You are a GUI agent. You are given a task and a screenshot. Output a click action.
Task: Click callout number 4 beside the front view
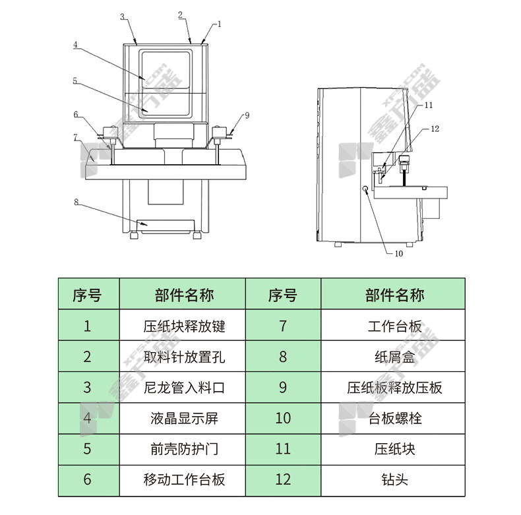click(x=75, y=45)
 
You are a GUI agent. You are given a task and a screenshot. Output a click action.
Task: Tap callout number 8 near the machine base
click(x=76, y=202)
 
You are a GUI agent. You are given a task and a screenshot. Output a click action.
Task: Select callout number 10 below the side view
click(x=399, y=253)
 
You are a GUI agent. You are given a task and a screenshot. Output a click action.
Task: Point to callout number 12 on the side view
click(x=435, y=129)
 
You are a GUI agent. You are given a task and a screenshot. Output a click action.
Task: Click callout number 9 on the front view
click(x=247, y=115)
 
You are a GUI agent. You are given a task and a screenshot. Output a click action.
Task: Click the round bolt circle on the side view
click(x=365, y=189)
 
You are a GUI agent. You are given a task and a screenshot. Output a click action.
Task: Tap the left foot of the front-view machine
click(x=134, y=235)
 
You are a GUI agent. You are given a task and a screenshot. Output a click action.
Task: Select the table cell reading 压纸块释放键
click(x=184, y=326)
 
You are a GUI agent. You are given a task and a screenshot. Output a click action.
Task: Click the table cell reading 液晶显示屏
click(x=184, y=418)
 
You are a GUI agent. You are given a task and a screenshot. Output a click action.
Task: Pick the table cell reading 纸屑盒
click(x=394, y=357)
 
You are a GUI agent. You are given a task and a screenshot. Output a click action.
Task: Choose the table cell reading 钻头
click(x=394, y=479)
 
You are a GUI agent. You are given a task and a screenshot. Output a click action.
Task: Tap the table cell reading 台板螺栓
click(x=394, y=418)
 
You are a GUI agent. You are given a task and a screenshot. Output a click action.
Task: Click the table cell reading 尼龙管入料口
click(x=184, y=388)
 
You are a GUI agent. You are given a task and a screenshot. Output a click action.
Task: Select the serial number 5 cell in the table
click(x=87, y=449)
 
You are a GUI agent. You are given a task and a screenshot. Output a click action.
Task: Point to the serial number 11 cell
click(x=283, y=449)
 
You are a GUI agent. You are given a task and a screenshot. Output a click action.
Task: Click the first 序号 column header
click(x=87, y=295)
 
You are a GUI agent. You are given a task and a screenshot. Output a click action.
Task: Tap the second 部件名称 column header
click(x=394, y=295)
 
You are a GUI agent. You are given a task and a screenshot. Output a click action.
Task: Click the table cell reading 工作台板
click(x=394, y=326)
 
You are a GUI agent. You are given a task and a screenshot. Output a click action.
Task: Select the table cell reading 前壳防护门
click(x=184, y=449)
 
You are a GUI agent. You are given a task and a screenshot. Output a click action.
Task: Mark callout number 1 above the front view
click(x=219, y=24)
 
